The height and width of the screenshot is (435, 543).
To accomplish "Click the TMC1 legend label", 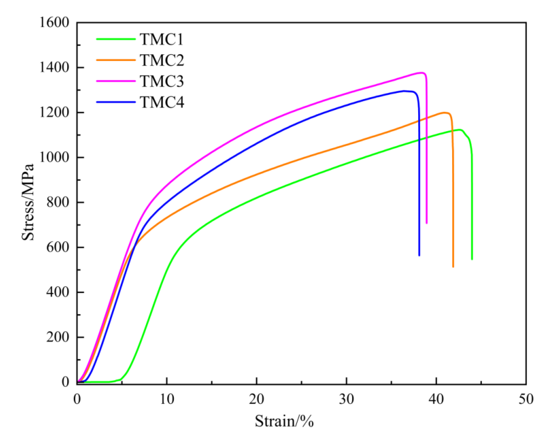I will [x=162, y=39].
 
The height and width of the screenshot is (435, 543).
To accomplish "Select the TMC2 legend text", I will [x=162, y=60].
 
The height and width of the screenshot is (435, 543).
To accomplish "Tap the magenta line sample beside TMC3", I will [x=116, y=81].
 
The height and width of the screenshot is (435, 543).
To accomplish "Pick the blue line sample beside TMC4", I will [x=116, y=102].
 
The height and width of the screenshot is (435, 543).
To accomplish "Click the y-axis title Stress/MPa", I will [x=28, y=202].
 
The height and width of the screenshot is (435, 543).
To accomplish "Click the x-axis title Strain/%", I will [x=284, y=421].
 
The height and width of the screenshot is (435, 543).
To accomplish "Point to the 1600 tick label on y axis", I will [x=54, y=23].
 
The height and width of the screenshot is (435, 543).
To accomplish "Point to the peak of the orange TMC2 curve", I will [x=445, y=113].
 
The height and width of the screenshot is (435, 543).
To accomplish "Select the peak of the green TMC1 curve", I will [x=460, y=130].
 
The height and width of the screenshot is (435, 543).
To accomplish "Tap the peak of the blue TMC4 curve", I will [x=405, y=91].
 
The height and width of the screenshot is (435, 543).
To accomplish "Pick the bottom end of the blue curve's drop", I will [x=419, y=255].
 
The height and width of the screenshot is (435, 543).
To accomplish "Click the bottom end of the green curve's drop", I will [x=472, y=259].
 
